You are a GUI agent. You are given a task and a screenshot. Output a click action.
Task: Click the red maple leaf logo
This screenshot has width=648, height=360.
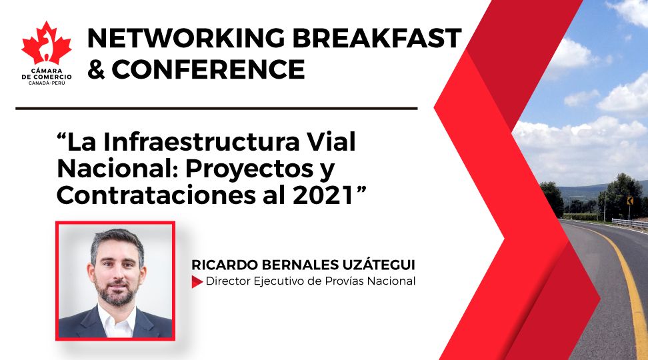pyautogui.click(x=46, y=44)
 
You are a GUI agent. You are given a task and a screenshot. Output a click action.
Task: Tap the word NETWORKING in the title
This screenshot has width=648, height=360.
pyautogui.click(x=186, y=39)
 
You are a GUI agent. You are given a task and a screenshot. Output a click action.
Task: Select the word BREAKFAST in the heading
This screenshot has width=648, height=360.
pyautogui.click(x=377, y=39)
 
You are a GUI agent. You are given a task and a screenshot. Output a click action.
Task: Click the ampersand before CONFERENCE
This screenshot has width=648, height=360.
pyautogui.click(x=96, y=69)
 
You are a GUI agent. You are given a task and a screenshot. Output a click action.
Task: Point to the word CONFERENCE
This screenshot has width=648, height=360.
pyautogui.click(x=208, y=69)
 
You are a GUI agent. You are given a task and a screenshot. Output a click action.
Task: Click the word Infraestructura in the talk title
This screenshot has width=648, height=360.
pyautogui.click(x=201, y=142)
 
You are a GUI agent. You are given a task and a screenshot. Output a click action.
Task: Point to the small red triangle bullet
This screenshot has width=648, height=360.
pyautogui.click(x=197, y=282)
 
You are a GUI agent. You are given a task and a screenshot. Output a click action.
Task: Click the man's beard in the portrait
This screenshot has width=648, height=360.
pyautogui.click(x=117, y=291)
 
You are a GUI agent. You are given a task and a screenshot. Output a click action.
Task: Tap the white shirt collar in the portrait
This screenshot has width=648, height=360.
pyautogui.click(x=117, y=320)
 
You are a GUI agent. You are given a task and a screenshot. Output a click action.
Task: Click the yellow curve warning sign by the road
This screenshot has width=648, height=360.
pyautogui.click(x=630, y=201)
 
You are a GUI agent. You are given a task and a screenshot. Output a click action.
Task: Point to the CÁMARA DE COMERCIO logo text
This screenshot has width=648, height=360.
pyautogui.click(x=46, y=77)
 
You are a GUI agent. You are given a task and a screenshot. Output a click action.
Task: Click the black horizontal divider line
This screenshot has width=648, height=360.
pyautogui.click(x=217, y=109)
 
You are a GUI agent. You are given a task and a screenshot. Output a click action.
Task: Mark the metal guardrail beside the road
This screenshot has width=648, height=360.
pyautogui.click(x=629, y=223)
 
